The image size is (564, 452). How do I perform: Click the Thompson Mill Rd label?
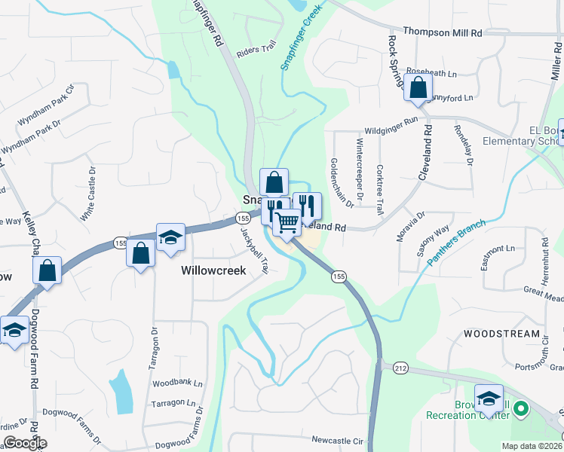point(442,32)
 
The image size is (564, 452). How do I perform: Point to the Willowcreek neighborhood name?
point(213,270)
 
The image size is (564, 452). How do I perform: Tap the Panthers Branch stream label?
point(458,242)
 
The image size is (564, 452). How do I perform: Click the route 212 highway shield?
point(400,368)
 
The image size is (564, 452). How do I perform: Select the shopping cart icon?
point(287,222)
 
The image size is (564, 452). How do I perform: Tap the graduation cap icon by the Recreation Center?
point(489,397)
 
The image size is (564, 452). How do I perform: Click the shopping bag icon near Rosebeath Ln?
point(418,87)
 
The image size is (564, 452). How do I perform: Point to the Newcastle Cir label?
point(337,440)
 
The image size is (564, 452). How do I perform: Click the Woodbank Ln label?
point(178,383)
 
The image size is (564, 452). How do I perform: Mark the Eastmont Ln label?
point(498,249)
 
